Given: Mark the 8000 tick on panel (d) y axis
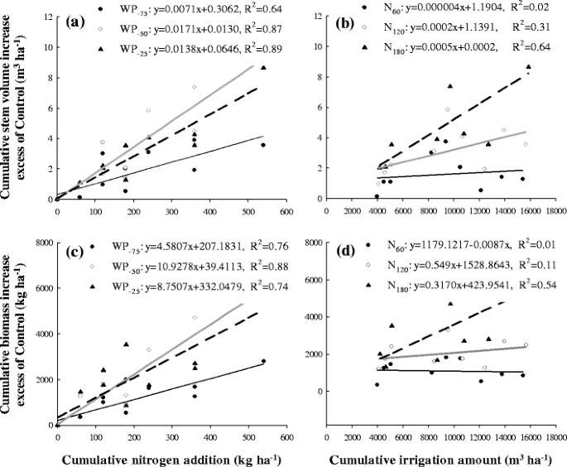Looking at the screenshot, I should pyautogui.click(x=314, y=242).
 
